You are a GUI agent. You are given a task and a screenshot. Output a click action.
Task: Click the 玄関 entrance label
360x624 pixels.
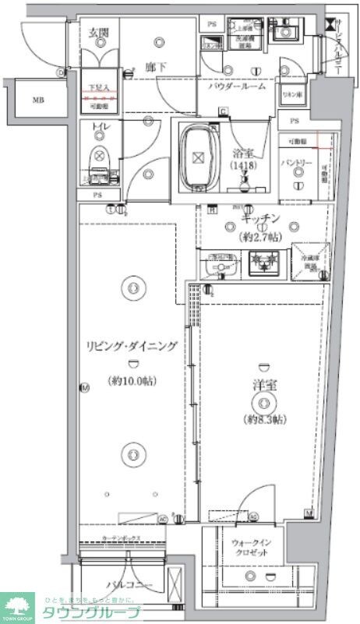click(x=98, y=32)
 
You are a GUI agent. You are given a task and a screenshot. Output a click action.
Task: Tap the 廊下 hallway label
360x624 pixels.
click(x=154, y=68)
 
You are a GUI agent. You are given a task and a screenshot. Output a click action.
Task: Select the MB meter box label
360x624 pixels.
click(x=38, y=100)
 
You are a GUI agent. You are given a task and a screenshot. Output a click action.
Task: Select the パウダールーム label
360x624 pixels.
click(x=242, y=87)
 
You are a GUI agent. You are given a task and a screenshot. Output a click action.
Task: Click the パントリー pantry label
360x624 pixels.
click(x=296, y=163)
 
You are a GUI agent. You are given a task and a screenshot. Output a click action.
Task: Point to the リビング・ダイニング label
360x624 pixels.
click(x=131, y=347)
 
